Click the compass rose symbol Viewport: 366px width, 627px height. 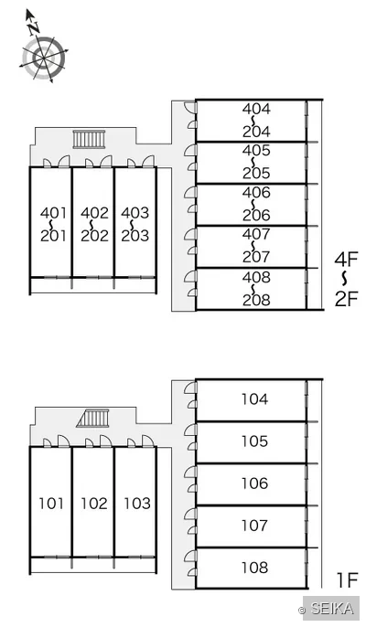point(44,58)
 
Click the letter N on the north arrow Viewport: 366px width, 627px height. point(34,27)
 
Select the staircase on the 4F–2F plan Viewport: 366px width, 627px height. point(90,139)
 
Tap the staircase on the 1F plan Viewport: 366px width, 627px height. point(92,419)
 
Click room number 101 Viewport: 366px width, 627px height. point(51,503)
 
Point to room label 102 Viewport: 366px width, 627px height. point(94,503)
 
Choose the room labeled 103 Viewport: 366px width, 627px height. point(137,503)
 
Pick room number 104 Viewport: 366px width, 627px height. point(254,399)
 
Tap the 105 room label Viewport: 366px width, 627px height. point(254,441)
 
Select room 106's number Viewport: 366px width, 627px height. point(254,483)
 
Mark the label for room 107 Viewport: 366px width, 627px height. point(254,525)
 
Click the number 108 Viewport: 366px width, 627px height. point(254,567)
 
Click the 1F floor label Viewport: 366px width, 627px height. point(347,580)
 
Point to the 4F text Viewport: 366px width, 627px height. point(347,260)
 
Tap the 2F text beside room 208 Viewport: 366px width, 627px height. point(347,299)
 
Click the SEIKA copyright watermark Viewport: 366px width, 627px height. point(327,609)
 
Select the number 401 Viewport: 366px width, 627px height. point(53,213)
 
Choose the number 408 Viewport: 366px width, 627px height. point(256,277)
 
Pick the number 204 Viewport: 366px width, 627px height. point(256,132)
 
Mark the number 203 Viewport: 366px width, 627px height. point(135,236)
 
